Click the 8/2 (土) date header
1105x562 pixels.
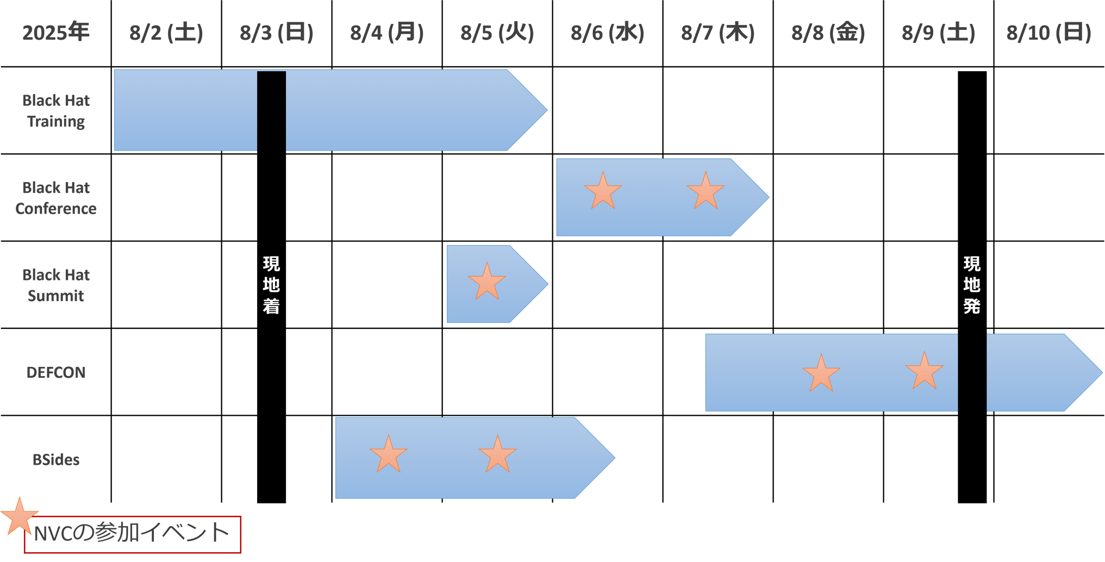tap(166, 33)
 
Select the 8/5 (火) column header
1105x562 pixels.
tap(497, 33)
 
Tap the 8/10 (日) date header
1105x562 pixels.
tap(1048, 33)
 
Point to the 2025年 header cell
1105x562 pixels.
tap(55, 33)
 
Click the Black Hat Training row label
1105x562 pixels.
tap(56, 111)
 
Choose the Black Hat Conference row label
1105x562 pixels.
tap(56, 198)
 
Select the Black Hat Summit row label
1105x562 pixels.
tap(56, 285)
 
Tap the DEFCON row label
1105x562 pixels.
tap(56, 372)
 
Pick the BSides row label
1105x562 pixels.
tap(56, 460)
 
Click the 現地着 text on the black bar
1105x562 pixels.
tap(271, 285)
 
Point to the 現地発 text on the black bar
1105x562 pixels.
tap(972, 285)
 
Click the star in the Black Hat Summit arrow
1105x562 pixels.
tap(487, 282)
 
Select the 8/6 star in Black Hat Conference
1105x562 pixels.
tap(603, 191)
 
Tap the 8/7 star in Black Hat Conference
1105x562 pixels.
tap(706, 191)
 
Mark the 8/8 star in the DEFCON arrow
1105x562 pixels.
tap(821, 373)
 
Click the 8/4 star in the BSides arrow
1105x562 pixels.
tap(388, 454)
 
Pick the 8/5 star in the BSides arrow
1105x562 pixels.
tap(497, 454)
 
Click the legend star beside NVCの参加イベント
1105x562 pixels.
tap(19, 516)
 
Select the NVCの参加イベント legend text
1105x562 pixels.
tap(132, 533)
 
